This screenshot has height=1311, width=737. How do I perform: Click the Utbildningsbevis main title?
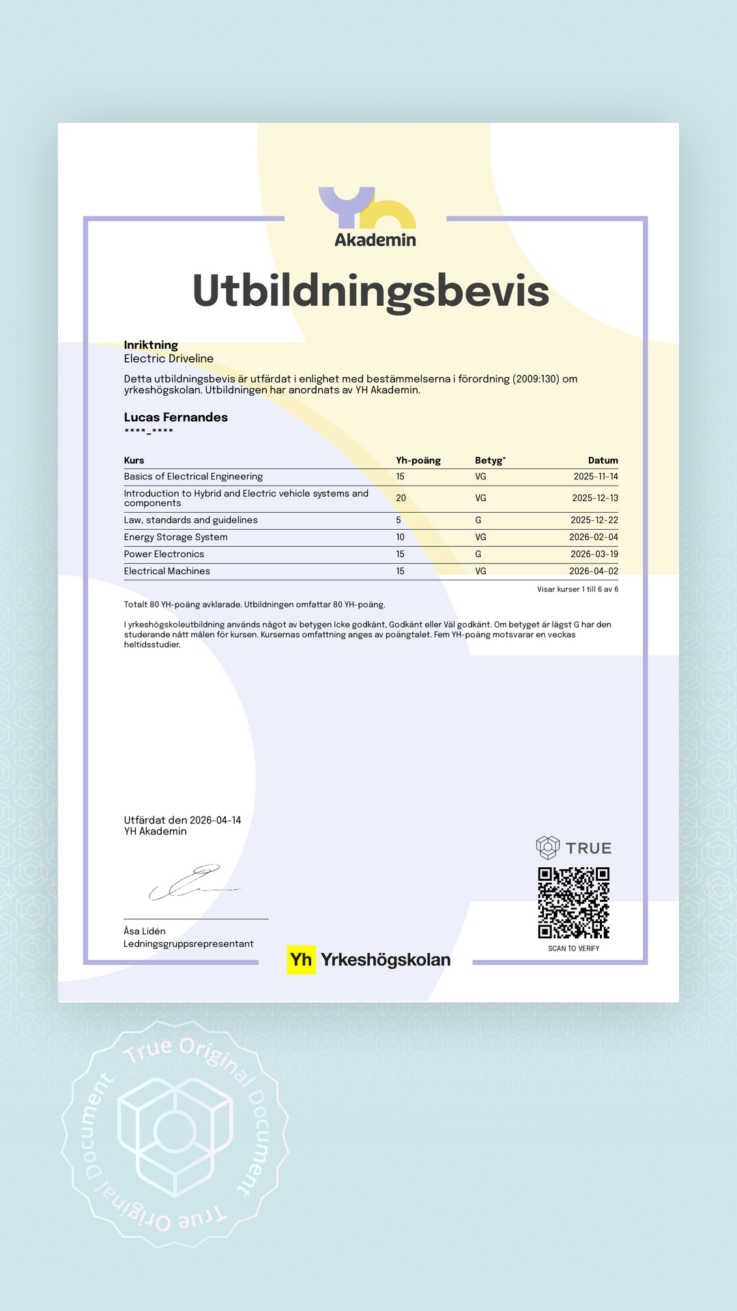pos(371,291)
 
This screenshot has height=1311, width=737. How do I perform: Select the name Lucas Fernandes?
pos(176,417)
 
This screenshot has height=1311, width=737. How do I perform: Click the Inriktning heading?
pos(151,345)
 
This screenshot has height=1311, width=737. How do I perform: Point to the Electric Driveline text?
pos(169,358)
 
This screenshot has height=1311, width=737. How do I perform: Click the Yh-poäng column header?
pos(418,460)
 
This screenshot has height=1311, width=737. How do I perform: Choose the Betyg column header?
pos(490,460)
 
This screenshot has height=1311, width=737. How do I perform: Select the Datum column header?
pos(603,460)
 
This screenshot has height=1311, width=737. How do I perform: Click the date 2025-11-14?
pos(595,477)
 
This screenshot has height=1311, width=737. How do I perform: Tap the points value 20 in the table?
pos(401,498)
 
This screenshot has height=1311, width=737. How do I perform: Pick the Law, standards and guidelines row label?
pos(191,520)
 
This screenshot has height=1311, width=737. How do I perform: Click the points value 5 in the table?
pos(399,520)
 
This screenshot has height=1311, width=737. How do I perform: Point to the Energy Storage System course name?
pos(176,537)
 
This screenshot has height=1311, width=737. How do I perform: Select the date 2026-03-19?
pos(594,554)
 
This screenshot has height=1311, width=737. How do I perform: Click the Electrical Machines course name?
pos(167,572)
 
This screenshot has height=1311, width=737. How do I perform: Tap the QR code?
pos(573,903)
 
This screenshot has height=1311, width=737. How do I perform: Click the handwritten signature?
pos(194,882)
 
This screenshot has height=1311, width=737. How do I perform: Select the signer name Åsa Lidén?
pos(145,931)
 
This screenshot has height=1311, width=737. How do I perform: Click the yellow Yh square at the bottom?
pos(301,960)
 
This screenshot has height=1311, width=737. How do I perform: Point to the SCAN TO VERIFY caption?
pos(573,948)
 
